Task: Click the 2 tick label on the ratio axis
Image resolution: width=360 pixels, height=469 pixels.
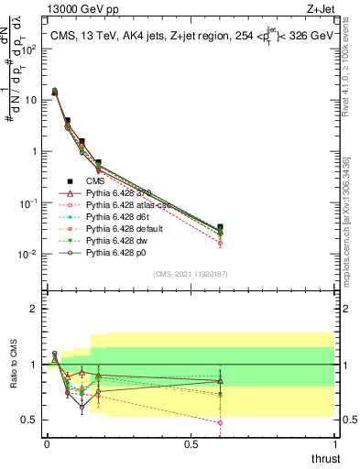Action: pos(34,309)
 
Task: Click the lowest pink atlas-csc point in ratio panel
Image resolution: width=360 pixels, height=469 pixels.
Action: pos(220,422)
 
